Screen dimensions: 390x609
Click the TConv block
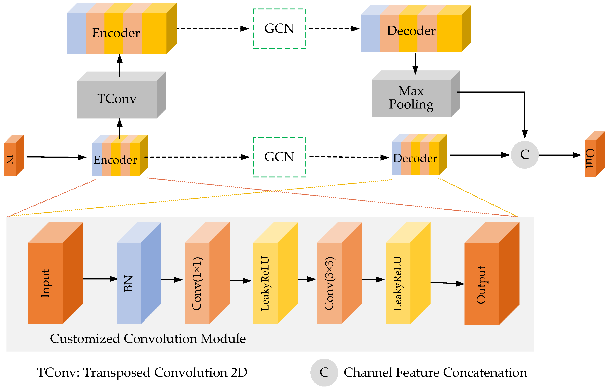tap(117, 99)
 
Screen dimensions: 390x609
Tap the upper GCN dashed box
tap(279, 29)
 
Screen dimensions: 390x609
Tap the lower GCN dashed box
tap(279, 157)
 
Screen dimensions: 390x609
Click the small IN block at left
tap(10, 159)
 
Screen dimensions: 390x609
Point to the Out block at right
tap(591, 158)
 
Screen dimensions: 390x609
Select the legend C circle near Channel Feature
tap(324, 372)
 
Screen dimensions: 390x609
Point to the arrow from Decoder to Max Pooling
tap(415, 63)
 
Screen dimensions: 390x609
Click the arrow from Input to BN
tap(100, 279)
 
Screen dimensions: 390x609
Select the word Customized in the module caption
tap(85, 339)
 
